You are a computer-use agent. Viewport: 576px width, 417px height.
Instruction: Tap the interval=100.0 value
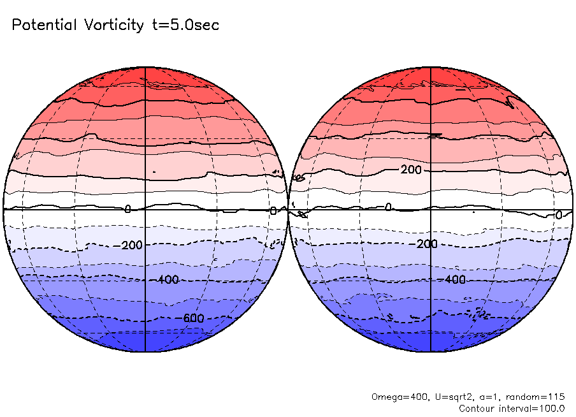[x=533, y=408]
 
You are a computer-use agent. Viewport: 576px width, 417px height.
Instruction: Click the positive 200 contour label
[x=412, y=170]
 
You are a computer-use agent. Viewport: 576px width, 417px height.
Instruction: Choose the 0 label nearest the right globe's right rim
[x=558, y=216]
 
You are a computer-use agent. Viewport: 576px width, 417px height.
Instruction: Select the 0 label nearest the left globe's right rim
[x=273, y=211]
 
